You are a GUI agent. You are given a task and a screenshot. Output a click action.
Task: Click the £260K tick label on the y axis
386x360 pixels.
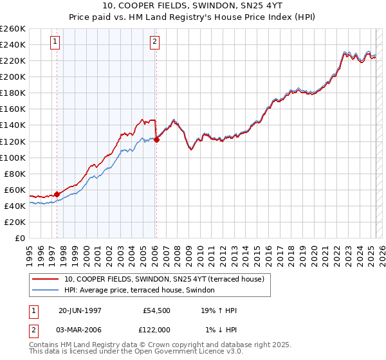(12, 29)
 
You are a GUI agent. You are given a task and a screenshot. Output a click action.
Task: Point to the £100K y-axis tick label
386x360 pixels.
(12, 157)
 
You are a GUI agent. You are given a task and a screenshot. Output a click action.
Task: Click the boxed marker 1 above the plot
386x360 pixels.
(55, 43)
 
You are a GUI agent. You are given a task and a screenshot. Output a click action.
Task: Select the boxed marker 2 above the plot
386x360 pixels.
(155, 43)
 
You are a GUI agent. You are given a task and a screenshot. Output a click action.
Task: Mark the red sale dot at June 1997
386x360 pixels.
(57, 194)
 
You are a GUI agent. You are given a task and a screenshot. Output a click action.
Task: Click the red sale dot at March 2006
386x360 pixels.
(156, 139)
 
